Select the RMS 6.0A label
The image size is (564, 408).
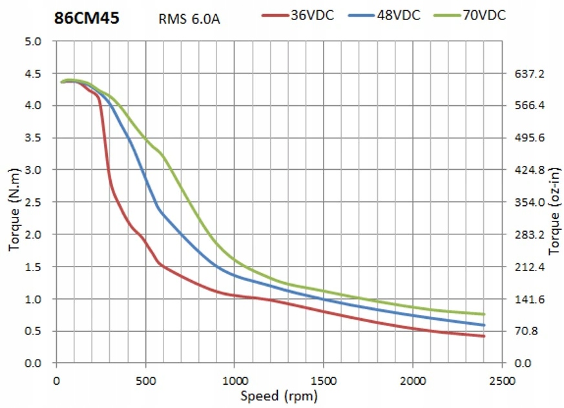(189, 18)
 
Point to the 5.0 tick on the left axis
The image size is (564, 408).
(34, 41)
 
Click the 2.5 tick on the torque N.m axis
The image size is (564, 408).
(34, 203)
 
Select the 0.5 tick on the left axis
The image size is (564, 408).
(34, 332)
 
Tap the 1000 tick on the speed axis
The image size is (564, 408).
(235, 381)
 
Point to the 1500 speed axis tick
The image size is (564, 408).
(324, 381)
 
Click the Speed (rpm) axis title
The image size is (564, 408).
(279, 395)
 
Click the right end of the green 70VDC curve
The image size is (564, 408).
(484, 314)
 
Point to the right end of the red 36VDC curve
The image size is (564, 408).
(484, 336)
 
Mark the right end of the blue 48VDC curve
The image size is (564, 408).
(484, 325)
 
